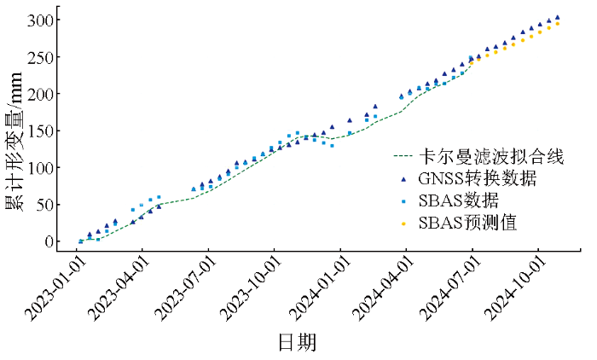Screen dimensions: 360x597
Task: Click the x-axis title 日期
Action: coord(297,343)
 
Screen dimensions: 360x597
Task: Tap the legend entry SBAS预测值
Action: coord(468,224)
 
